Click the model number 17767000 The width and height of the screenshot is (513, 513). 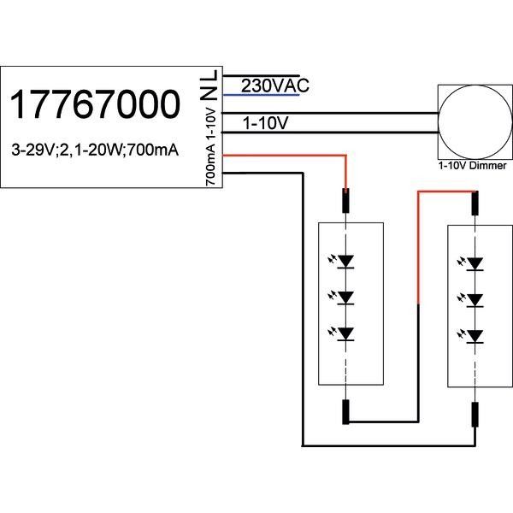click(96, 105)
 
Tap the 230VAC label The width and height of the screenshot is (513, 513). click(274, 86)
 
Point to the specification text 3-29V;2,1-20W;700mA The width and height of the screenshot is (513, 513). click(96, 150)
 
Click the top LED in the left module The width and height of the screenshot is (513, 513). click(345, 261)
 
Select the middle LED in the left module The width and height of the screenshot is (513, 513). click(345, 297)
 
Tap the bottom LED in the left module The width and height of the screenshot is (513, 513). click(345, 333)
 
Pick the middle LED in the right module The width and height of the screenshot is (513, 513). click(475, 298)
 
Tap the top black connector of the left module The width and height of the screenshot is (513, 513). click(345, 202)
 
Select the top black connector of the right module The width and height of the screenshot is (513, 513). click(475, 203)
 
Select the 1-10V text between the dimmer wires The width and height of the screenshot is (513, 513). click(266, 124)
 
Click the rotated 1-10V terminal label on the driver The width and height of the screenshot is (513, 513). click(210, 126)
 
